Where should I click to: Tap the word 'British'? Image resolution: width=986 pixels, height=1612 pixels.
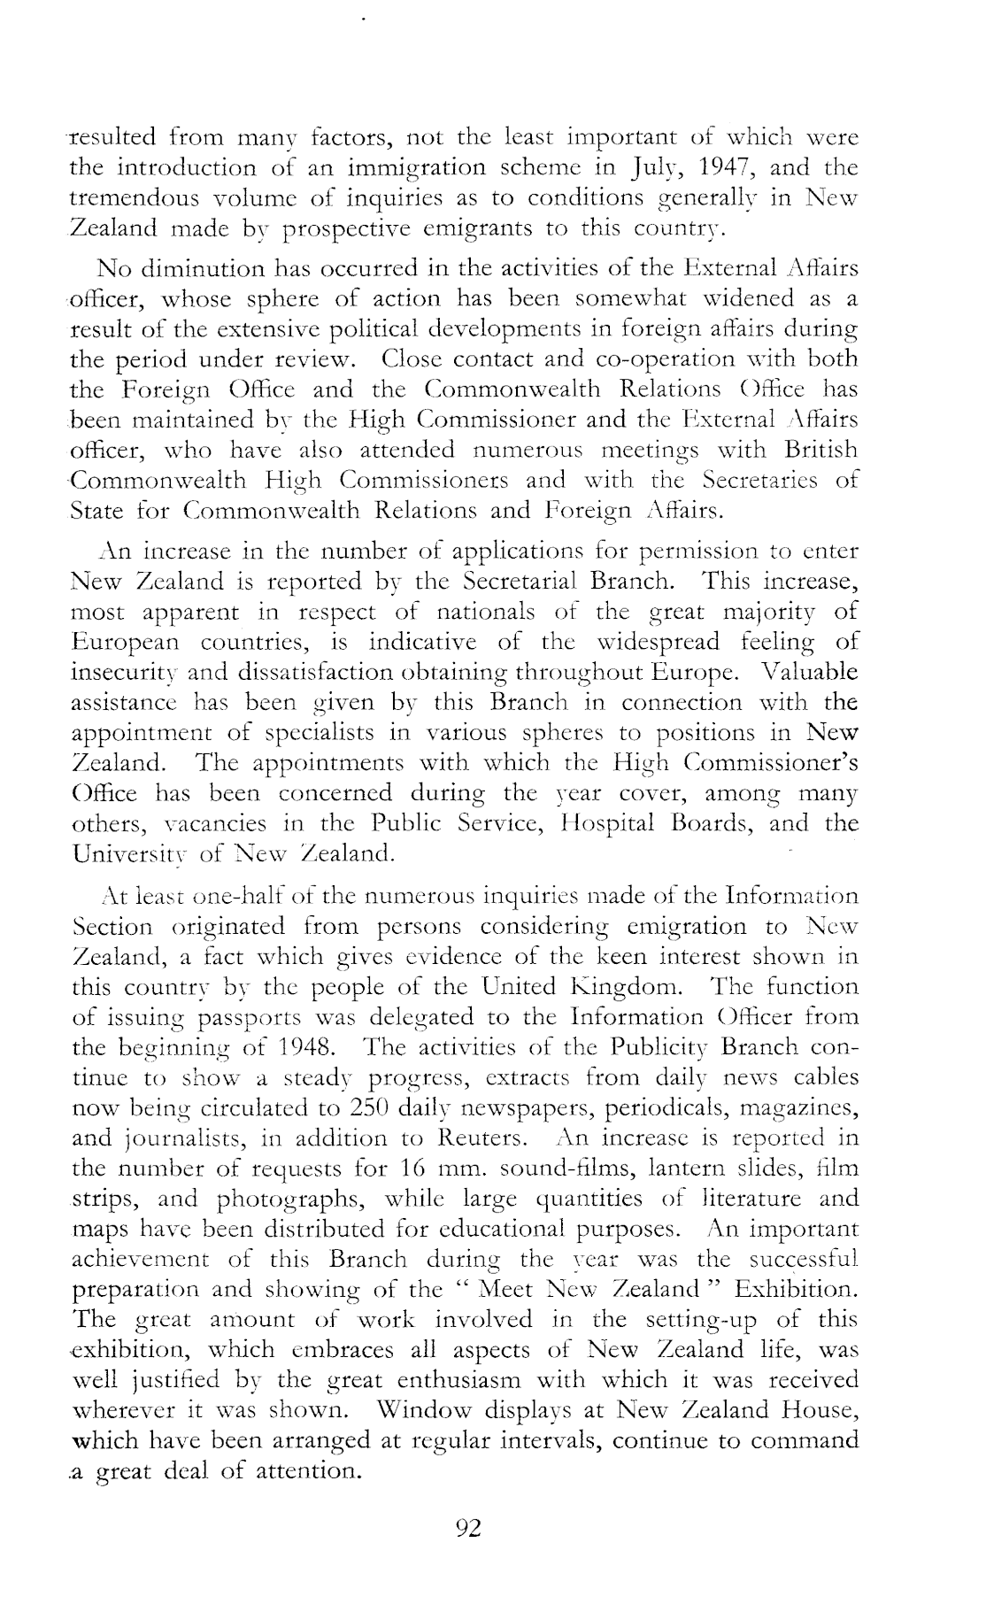tap(816, 450)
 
